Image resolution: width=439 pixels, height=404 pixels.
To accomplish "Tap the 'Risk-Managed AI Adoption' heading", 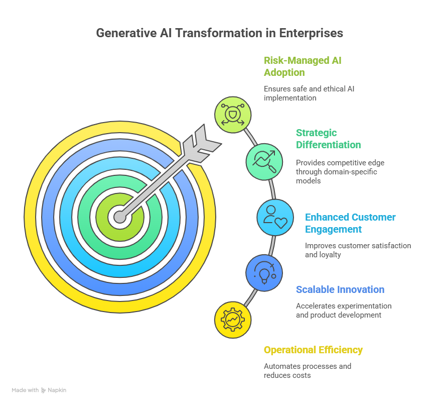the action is [303, 66].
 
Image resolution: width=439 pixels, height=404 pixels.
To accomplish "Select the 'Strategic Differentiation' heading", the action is [329, 139].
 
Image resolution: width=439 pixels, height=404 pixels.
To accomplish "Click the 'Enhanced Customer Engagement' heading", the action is [350, 223].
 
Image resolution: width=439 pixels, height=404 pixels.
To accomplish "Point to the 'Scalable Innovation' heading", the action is [340, 289].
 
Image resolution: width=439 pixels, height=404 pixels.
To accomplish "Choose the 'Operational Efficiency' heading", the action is [313, 350].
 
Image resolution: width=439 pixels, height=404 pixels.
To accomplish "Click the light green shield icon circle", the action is [233, 115].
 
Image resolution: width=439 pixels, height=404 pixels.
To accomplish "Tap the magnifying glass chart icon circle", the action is [264, 162].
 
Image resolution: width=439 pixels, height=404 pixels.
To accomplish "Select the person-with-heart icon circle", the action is [275, 217].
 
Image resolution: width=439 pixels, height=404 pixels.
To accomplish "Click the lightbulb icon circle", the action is [264, 273].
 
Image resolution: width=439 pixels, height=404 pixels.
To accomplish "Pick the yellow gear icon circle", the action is [233, 320].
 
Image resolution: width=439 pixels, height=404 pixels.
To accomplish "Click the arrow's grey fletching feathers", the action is [202, 144].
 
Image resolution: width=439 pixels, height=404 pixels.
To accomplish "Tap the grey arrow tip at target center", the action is [120, 217].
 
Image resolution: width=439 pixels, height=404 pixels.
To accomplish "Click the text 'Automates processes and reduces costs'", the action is [308, 371].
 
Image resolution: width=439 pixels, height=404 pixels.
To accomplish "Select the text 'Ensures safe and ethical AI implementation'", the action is [309, 93].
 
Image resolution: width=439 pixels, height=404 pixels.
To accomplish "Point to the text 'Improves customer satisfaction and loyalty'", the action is [358, 250].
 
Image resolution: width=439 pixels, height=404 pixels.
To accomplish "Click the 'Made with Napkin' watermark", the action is [39, 390].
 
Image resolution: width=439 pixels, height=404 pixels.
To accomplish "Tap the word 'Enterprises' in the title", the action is [311, 33].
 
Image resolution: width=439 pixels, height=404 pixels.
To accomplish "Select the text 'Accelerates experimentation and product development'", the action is [344, 311].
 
